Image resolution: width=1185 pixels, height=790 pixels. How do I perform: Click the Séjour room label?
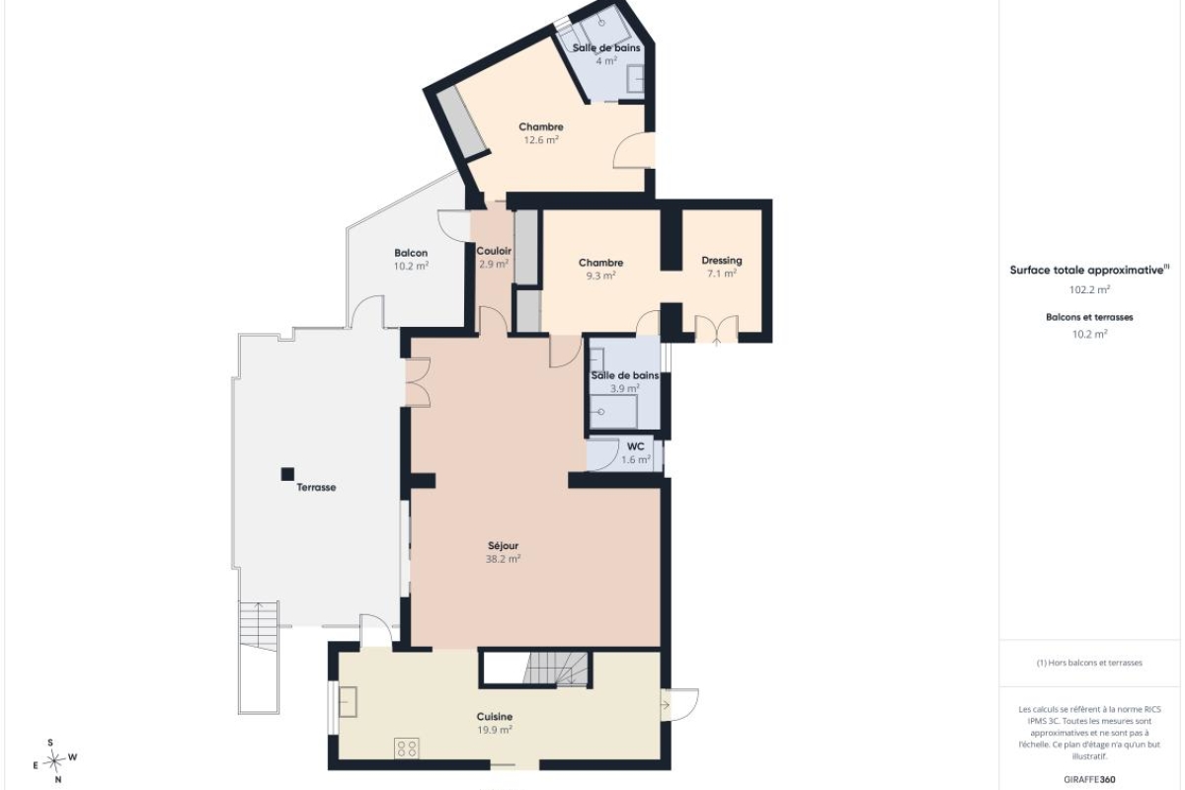tap(503, 545)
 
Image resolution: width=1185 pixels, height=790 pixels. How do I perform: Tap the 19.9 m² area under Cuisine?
tap(494, 730)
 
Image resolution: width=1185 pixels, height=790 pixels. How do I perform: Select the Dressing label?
tap(722, 261)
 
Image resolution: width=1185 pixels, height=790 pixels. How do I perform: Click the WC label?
tap(635, 446)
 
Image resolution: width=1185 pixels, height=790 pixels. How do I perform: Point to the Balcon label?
tap(411, 253)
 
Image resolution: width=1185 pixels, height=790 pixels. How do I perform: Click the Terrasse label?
tap(316, 488)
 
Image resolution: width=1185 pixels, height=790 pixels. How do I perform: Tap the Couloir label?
tap(494, 251)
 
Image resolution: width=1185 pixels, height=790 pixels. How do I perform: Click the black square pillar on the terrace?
tap(287, 474)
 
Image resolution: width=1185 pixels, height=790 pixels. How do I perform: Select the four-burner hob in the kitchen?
tap(407, 749)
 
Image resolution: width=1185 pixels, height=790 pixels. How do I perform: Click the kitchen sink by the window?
tap(348, 702)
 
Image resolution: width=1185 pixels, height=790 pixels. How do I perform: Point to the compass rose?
tap(54, 761)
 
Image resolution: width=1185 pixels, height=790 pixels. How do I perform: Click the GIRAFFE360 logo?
tap(1089, 780)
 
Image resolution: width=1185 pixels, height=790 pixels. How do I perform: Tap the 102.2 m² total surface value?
tap(1089, 289)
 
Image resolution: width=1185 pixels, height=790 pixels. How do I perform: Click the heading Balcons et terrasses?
tap(1089, 318)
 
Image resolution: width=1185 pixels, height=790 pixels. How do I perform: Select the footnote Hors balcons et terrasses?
tap(1089, 663)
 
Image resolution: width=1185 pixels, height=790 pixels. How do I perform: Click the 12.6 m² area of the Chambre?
tap(541, 139)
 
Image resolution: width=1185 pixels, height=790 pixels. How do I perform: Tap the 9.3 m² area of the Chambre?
tap(600, 276)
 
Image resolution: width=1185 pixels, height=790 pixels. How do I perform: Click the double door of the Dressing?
tap(716, 329)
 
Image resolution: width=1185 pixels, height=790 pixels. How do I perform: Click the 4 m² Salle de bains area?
tap(606, 60)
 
